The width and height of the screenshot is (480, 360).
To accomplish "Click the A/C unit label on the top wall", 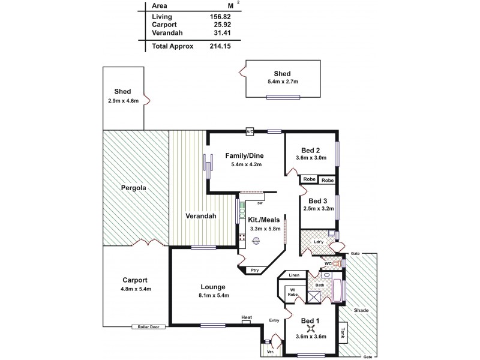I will coord(249,131).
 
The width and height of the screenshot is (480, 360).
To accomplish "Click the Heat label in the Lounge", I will coord(246,317).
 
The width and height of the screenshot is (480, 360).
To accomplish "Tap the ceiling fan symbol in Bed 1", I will coord(311,327).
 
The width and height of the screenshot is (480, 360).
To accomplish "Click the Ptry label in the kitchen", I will coord(256,271).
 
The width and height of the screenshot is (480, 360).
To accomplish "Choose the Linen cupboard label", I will coord(293,275).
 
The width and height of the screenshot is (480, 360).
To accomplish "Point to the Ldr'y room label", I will coord(319,242).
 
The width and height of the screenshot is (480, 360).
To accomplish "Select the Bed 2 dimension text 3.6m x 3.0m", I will coord(311,158).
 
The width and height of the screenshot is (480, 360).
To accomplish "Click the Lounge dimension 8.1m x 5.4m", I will coord(215,295).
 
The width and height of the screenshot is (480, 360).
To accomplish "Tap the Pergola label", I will coord(134,188).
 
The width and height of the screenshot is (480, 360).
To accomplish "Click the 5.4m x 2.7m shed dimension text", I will coord(283,82).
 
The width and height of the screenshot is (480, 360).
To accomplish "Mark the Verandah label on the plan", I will coord(201,217).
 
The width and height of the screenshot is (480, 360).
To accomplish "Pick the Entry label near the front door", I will coord(275,320).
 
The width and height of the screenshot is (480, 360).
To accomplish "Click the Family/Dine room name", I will coord(244,156).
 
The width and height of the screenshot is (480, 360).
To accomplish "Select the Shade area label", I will coord(361,310).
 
